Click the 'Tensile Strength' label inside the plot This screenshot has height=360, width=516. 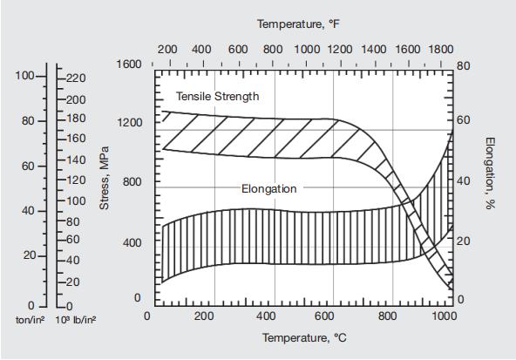[217, 96]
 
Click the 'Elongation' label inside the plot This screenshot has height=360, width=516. [268, 188]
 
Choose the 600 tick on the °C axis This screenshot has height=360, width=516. [324, 316]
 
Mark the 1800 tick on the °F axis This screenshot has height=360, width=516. [443, 49]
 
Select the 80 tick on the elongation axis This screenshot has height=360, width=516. [464, 65]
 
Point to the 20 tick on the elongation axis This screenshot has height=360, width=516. [464, 240]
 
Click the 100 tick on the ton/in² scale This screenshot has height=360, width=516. [24, 76]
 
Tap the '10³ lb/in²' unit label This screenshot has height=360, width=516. [76, 320]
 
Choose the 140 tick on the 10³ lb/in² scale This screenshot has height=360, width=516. [76, 160]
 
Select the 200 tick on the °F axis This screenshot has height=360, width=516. [167, 49]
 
